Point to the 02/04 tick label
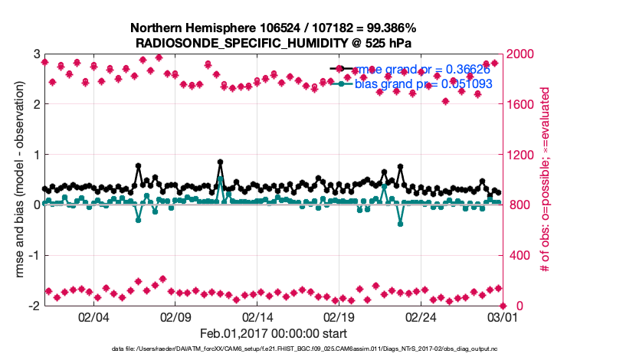[x=93, y=317]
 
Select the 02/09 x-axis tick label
[x=175, y=317]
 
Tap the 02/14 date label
[x=257, y=317]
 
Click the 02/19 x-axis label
[x=339, y=317]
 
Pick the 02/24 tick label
[x=421, y=317]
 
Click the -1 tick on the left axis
[x=34, y=255]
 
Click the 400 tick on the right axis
[x=517, y=255]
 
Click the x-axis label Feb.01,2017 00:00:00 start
[x=273, y=333]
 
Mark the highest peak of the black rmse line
[x=220, y=162]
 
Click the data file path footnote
[x=273, y=349]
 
